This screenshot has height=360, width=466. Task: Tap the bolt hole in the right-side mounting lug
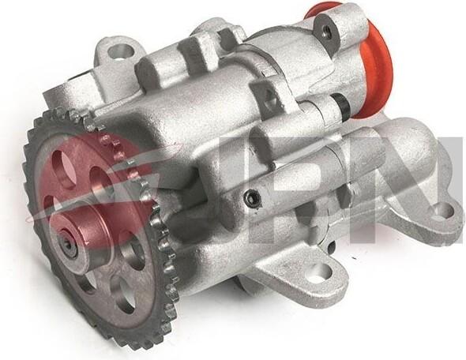[445, 212]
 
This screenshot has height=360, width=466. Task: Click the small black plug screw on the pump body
[252, 197]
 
